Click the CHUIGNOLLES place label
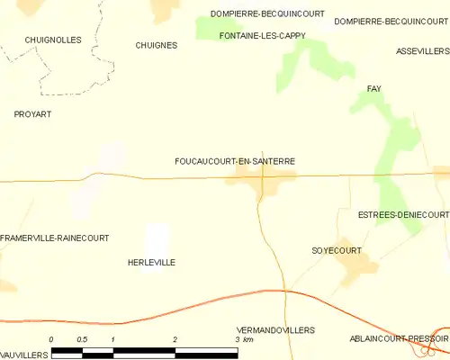click(54, 40)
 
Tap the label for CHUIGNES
click(155, 45)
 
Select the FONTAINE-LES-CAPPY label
click(263, 35)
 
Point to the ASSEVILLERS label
click(422, 51)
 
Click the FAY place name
click(374, 88)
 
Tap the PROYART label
click(32, 114)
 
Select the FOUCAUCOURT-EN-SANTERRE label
click(235, 161)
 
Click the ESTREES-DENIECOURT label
click(402, 215)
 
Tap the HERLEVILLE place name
click(151, 262)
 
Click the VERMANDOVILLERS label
click(274, 330)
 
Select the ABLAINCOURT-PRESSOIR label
click(399, 338)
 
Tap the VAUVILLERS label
click(24, 355)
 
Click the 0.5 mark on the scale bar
click(82, 339)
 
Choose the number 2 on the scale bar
click(175, 339)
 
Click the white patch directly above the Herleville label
click(157, 238)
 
